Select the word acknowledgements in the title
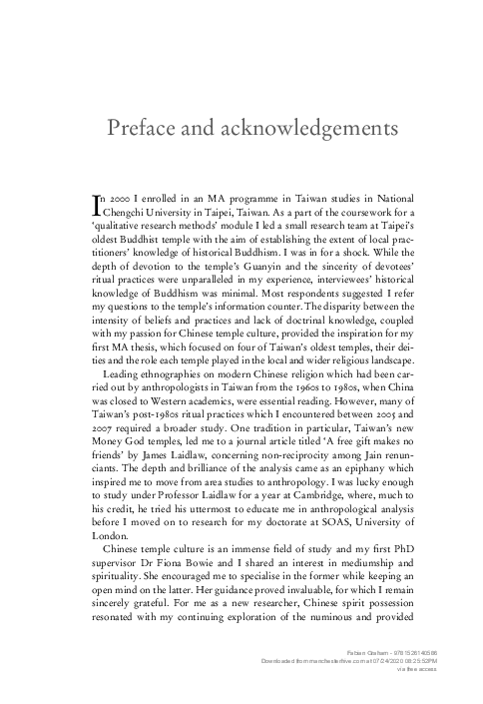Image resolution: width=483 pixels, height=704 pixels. (x=300, y=131)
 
